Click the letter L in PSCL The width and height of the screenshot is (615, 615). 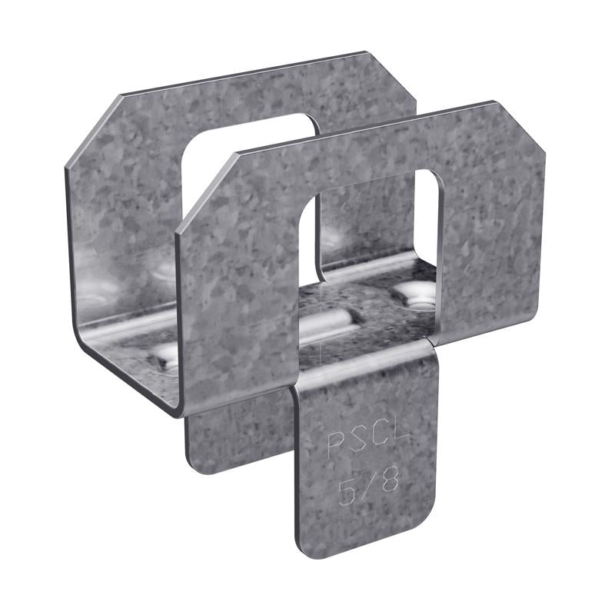point(402,441)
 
